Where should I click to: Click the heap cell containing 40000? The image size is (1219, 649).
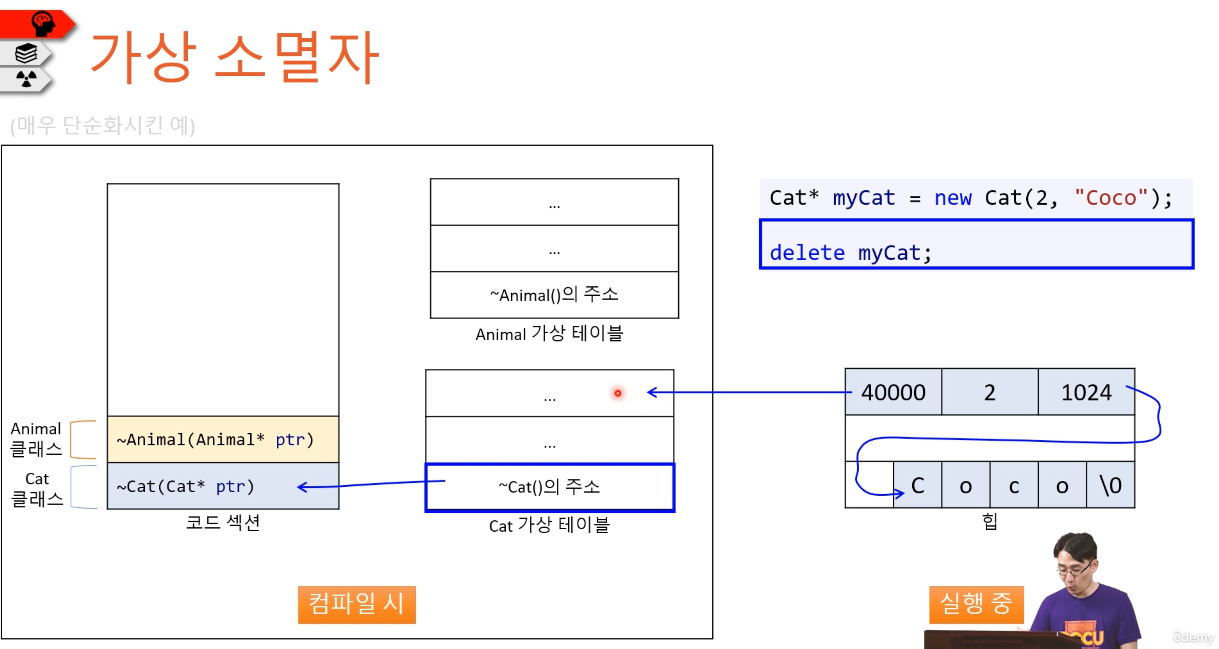[x=893, y=392]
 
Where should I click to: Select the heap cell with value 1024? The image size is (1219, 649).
[x=1086, y=392]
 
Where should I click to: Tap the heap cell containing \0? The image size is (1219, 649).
[x=1110, y=485]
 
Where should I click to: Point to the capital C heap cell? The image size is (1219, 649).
[x=918, y=485]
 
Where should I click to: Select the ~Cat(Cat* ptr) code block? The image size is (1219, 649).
[x=223, y=486]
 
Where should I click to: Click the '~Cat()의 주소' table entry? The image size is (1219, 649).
[x=550, y=487]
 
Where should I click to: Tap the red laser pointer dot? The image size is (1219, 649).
[x=618, y=393]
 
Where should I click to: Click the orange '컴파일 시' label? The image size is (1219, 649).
[x=357, y=604]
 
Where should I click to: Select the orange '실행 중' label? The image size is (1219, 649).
[x=976, y=604]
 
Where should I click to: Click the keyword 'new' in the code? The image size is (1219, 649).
[x=953, y=198]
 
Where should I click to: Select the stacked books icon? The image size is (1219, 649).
[x=26, y=53]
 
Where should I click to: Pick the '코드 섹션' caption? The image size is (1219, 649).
[x=223, y=522]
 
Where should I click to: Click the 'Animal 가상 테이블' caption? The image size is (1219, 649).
[x=550, y=334]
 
